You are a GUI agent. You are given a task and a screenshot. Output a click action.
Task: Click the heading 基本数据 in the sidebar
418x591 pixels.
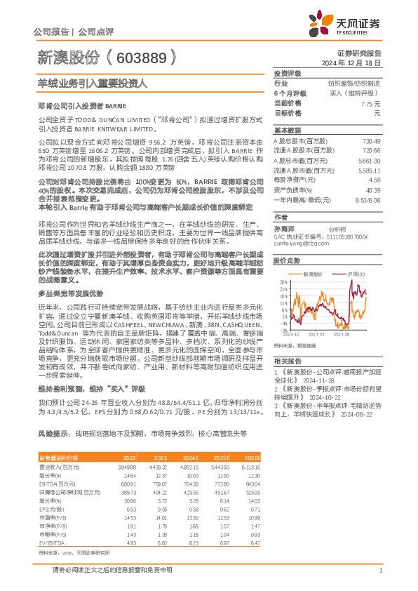(x=286, y=131)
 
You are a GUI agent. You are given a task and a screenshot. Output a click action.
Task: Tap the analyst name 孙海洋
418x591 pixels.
(x=284, y=228)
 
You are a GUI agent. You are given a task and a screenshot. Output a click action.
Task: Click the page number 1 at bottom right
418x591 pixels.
(x=379, y=570)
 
